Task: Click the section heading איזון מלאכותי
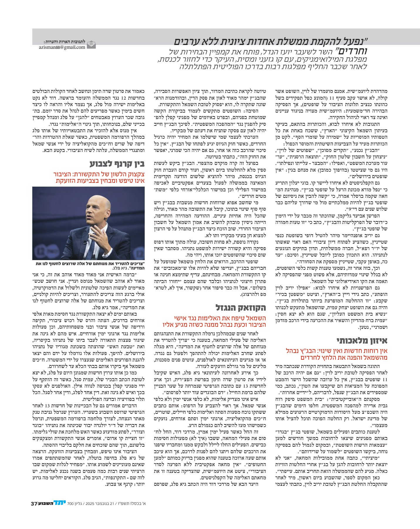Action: pyautogui.click(x=362, y=341)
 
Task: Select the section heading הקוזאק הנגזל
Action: pyautogui.click(x=241, y=308)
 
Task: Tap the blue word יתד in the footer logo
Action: pyautogui.click(x=60, y=503)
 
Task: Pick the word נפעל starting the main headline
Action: pyautogui.click(x=358, y=41)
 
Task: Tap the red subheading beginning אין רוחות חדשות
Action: pyautogui.click(x=337, y=354)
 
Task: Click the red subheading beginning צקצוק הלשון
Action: pyautogui.click(x=99, y=178)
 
